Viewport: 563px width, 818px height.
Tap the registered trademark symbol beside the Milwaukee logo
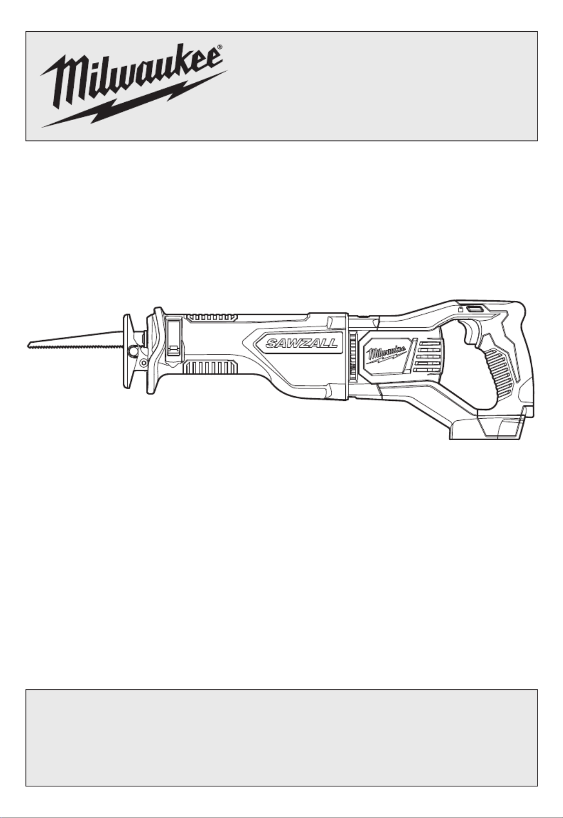coord(219,47)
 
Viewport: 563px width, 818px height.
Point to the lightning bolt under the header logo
coord(134,100)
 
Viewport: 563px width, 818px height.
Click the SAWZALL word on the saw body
coord(302,343)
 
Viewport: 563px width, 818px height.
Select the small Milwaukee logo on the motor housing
coord(387,353)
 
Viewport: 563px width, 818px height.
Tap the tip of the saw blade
coord(29,345)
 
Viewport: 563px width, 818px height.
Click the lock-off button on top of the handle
coord(474,308)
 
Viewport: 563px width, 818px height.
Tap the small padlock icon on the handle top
coord(461,309)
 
